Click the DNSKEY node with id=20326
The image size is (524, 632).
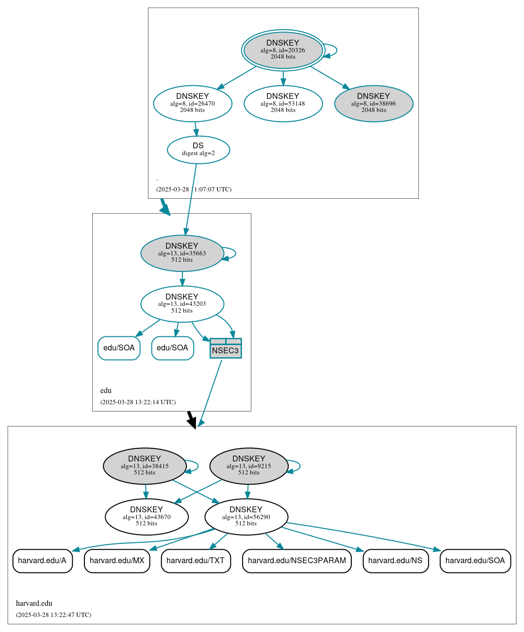click(283, 50)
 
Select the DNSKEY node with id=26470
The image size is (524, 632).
click(193, 103)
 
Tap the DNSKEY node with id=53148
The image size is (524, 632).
click(283, 103)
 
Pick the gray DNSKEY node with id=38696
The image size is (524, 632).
click(374, 103)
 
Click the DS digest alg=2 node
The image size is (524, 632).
click(198, 149)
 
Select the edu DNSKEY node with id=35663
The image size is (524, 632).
click(182, 253)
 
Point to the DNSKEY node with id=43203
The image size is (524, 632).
click(182, 304)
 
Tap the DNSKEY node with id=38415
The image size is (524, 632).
click(145, 466)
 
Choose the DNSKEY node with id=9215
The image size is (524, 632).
click(248, 466)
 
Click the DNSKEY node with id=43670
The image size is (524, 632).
click(147, 517)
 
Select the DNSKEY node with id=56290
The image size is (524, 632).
click(246, 517)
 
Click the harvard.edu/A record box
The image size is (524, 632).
click(42, 561)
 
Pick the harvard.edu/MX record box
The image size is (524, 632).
click(117, 561)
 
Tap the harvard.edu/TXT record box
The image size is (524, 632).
click(196, 561)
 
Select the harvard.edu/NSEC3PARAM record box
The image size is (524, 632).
click(296, 561)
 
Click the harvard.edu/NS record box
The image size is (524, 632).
click(395, 561)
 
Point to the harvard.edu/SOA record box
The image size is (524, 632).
click(475, 561)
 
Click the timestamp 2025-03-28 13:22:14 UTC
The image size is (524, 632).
click(138, 402)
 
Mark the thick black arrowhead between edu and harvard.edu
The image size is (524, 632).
click(192, 423)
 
